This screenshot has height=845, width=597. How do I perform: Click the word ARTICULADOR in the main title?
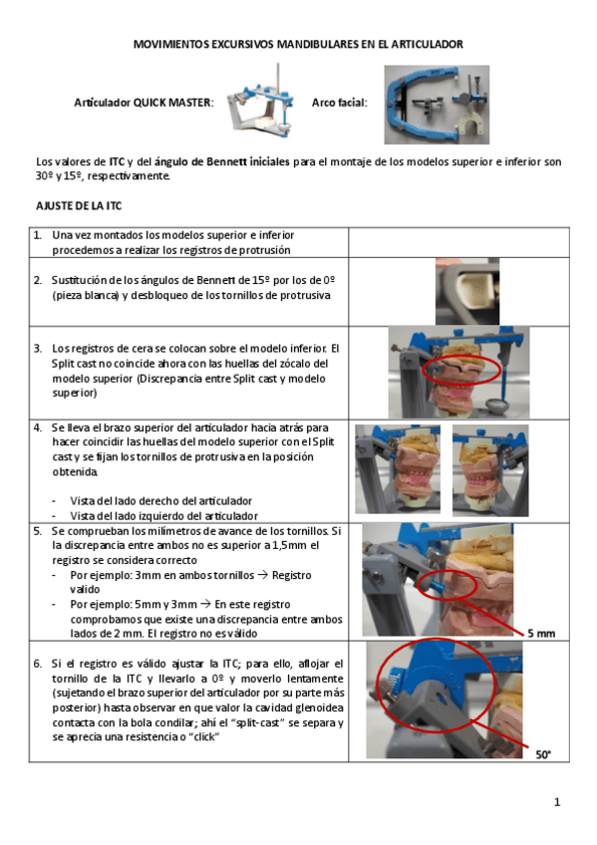[428, 44]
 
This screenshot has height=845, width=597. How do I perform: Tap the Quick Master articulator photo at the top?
[261, 103]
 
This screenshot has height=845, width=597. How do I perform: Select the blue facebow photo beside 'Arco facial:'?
[437, 105]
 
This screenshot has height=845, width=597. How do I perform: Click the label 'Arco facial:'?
[340, 103]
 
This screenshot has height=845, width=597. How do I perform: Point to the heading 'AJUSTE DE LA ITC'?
[79, 206]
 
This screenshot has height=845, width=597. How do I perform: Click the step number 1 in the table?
[37, 235]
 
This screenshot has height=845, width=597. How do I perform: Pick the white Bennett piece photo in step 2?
[467, 291]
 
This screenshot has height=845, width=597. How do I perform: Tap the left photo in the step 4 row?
[397, 469]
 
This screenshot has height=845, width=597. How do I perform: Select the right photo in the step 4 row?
[490, 470]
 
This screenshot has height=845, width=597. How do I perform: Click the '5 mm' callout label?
[541, 633]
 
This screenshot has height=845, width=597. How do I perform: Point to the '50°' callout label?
[543, 754]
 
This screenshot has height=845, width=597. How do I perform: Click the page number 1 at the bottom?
[557, 802]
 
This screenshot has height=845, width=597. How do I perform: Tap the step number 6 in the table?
[37, 664]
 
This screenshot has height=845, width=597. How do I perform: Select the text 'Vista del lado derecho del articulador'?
[161, 500]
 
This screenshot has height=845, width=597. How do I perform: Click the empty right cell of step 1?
[458, 242]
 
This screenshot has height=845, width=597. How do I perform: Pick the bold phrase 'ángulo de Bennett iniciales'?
[222, 161]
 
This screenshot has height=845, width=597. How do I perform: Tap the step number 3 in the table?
[37, 348]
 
